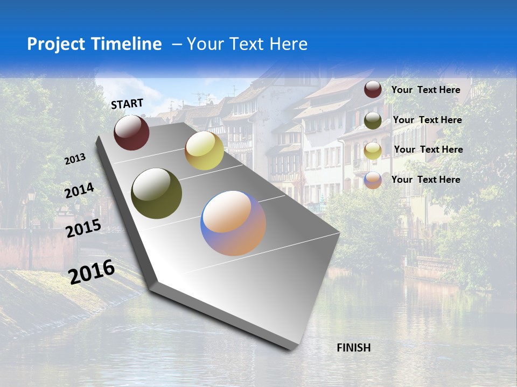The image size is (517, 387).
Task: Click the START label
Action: (127, 104)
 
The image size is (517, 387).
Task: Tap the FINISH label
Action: (354, 348)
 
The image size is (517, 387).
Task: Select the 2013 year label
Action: (75, 159)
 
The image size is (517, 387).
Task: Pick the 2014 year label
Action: (79, 190)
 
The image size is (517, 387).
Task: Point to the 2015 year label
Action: (83, 228)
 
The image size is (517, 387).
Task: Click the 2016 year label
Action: (92, 272)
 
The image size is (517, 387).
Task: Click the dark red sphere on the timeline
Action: (131, 132)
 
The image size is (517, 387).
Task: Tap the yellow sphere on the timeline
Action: (204, 150)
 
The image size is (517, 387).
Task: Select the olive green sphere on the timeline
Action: (156, 193)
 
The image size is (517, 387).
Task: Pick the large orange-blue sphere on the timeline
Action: (233, 223)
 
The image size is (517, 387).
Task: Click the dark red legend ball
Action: (373, 90)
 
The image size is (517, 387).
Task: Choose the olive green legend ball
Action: (373, 120)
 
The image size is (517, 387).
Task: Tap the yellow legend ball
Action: (373, 150)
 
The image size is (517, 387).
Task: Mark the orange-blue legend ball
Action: (373, 180)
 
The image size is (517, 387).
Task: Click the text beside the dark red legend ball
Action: (425, 90)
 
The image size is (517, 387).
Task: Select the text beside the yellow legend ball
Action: (428, 149)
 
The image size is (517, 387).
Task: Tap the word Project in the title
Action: (56, 44)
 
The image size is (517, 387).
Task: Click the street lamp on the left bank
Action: (31, 196)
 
